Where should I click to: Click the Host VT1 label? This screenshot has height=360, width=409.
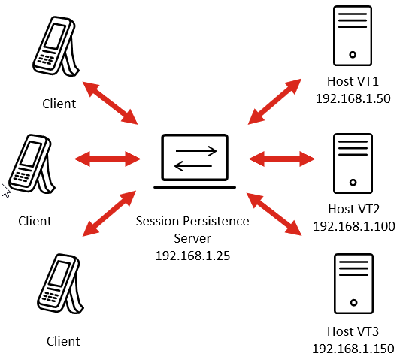coord(353,81)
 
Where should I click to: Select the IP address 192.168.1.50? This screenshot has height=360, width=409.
coord(353,98)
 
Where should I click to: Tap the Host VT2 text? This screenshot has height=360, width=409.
coord(353,209)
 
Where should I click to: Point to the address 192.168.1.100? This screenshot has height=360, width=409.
coord(354,226)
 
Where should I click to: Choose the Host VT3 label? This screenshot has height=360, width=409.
coord(353,331)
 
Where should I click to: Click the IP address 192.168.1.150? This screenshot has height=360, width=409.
coord(353,349)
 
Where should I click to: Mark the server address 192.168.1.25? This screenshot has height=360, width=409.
coord(192,256)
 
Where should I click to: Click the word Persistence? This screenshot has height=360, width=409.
coord(216,221)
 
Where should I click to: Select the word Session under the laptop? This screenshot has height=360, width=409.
coord(157,221)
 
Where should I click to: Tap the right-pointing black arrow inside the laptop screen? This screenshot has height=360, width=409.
coord(196,151)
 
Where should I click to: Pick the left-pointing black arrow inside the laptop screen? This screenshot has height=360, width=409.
coord(192,166)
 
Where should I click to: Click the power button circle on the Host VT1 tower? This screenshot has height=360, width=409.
coord(353,55)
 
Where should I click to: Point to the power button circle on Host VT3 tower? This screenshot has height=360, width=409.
coord(353,303)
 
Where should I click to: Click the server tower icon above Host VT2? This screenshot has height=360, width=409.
coord(353,163)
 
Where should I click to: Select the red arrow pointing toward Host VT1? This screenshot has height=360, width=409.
coord(274,101)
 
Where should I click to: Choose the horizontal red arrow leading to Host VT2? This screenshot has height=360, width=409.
coord(282,159)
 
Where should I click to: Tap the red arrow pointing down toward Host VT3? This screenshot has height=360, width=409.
coord(274,214)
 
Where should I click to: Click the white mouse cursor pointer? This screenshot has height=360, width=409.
coord(5,190)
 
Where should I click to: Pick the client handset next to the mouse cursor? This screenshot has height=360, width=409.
coord(32,164)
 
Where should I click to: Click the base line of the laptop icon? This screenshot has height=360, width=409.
coord(195,187)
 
